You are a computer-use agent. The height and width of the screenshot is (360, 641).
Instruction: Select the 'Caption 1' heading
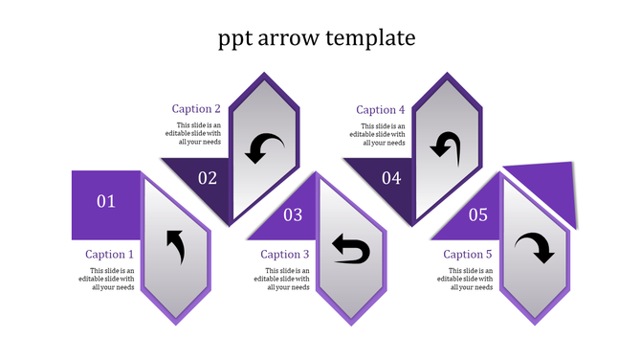[x=110, y=255]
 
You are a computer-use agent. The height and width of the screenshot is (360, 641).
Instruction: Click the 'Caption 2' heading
[x=197, y=109]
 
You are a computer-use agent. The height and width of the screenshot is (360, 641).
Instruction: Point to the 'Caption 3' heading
[x=285, y=255]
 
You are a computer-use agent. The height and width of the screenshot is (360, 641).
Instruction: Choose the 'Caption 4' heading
[x=381, y=110]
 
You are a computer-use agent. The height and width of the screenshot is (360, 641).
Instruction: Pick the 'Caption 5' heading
[x=468, y=255]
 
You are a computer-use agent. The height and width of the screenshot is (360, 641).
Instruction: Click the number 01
[x=106, y=201]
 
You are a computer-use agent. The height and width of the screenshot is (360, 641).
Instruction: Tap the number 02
[x=208, y=177]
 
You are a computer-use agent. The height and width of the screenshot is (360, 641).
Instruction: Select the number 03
[x=293, y=215]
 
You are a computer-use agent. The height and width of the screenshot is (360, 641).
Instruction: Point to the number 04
[x=391, y=177]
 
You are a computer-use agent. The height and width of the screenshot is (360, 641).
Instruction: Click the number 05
[x=478, y=215]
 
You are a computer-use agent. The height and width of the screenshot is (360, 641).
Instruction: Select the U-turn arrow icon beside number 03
[x=350, y=250]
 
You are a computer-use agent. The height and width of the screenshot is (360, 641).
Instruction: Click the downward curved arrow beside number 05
[x=535, y=249]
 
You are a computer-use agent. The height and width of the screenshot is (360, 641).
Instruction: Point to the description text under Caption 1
[x=112, y=279]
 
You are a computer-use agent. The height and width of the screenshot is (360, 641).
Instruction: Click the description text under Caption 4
[x=383, y=134]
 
